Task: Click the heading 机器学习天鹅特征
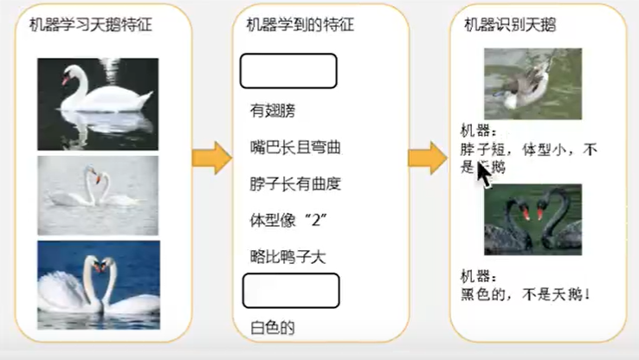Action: point(90,25)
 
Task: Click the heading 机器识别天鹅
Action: point(510,25)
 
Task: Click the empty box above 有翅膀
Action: point(287,71)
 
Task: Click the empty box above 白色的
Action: point(290,291)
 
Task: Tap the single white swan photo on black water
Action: point(98,104)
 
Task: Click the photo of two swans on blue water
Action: point(98,284)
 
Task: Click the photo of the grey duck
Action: point(532,84)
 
